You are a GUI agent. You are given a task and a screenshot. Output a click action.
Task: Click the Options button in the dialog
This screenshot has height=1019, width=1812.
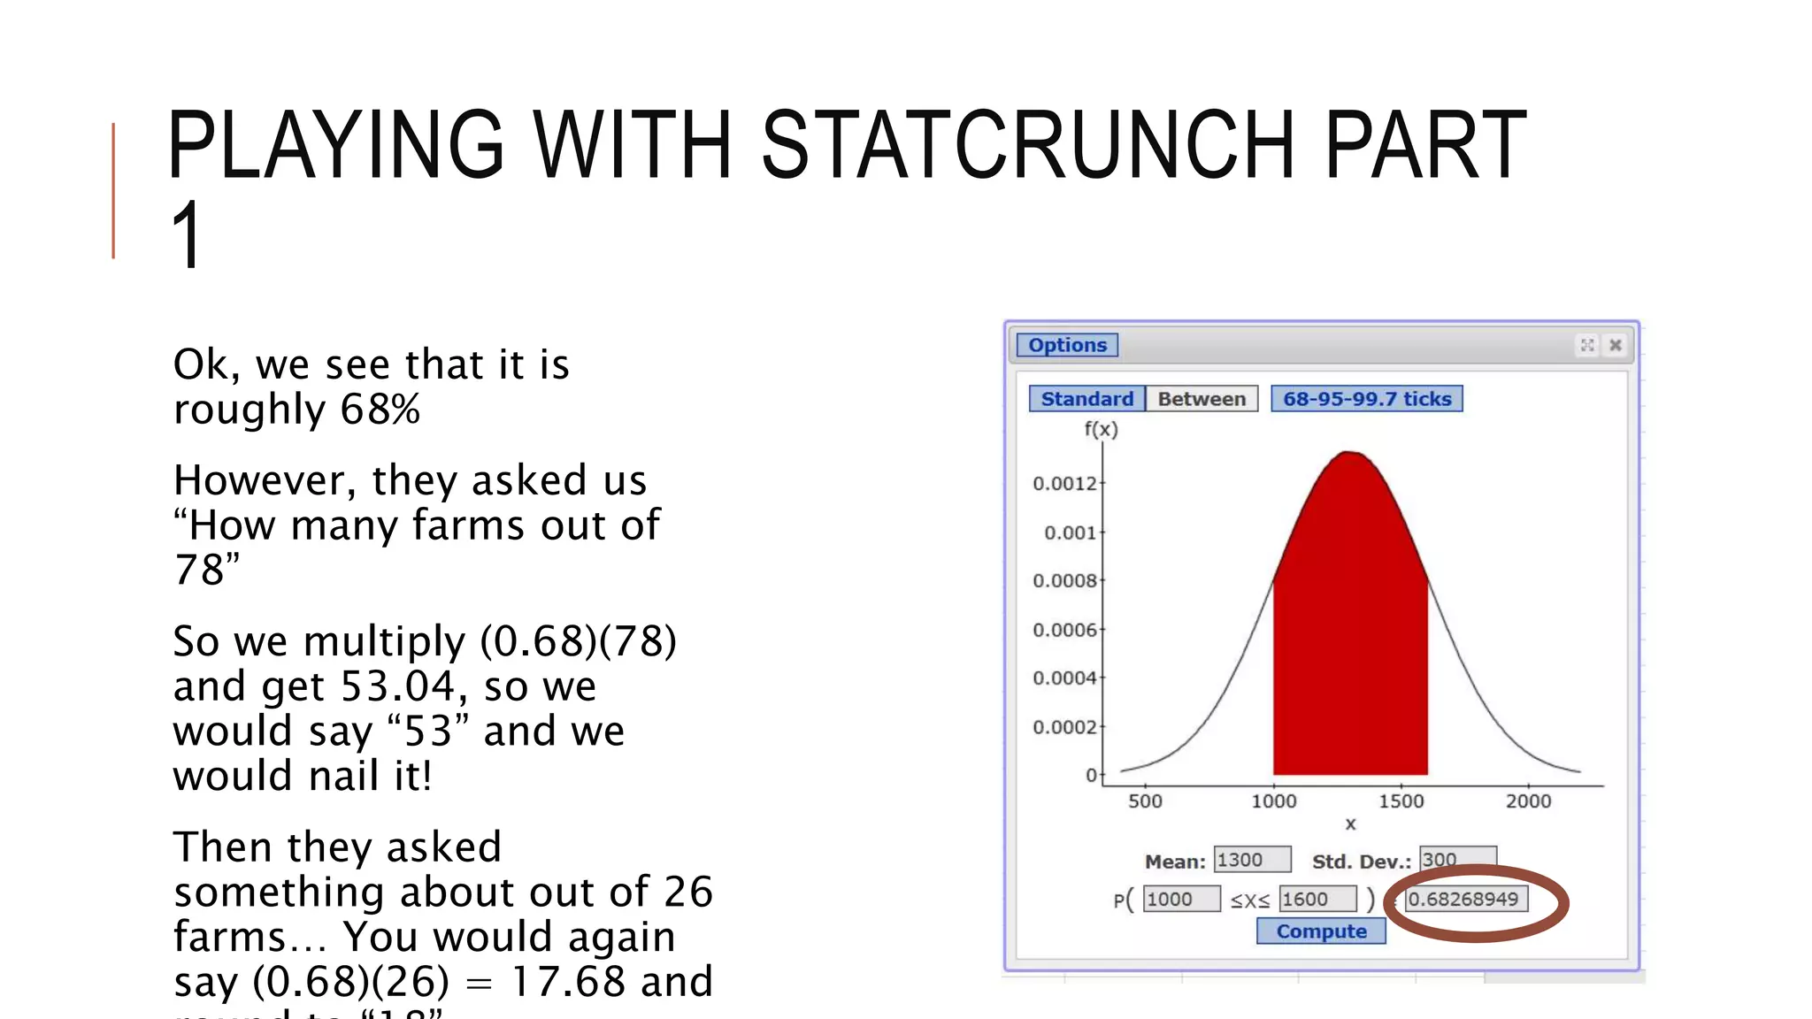1067,345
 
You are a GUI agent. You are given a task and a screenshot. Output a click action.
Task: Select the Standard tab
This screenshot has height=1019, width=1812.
1086,399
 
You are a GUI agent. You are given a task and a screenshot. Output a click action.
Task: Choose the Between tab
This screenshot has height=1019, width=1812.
1202,399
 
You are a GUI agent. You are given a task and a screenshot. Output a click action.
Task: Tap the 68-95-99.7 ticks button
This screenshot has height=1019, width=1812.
1366,399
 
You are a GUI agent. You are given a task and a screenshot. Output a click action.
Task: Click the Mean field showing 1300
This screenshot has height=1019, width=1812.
1251,860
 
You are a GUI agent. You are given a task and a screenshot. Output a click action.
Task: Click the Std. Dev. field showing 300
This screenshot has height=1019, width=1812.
1456,859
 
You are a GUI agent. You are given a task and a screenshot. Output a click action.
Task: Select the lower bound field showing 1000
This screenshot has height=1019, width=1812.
1180,900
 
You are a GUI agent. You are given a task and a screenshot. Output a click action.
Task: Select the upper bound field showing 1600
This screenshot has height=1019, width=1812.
1317,900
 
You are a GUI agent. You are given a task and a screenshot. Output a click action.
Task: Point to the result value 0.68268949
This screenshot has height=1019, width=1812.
1464,900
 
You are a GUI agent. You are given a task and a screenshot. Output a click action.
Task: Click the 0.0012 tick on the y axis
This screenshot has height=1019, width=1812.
1064,484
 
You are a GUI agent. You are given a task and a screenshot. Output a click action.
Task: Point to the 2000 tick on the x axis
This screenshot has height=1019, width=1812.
1528,801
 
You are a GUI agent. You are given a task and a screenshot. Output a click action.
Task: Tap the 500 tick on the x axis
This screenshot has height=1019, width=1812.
1145,801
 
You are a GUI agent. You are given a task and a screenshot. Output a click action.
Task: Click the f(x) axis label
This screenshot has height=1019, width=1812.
1101,430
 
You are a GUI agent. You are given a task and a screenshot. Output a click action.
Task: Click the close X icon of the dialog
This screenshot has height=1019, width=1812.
1615,345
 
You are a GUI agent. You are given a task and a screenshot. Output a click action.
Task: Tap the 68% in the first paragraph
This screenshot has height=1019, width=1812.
380,410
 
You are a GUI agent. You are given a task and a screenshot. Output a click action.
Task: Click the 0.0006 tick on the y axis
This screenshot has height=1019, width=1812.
1064,630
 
